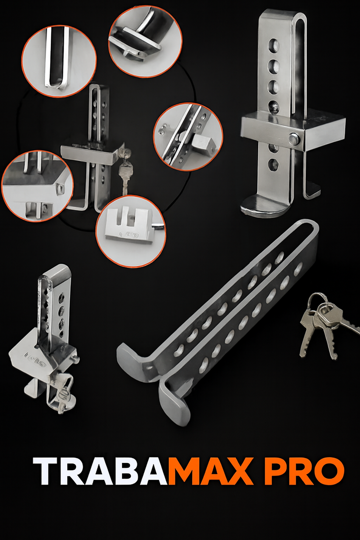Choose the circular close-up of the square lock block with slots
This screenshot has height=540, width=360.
(130, 231)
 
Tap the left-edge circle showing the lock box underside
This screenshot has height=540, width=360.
(37, 186)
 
